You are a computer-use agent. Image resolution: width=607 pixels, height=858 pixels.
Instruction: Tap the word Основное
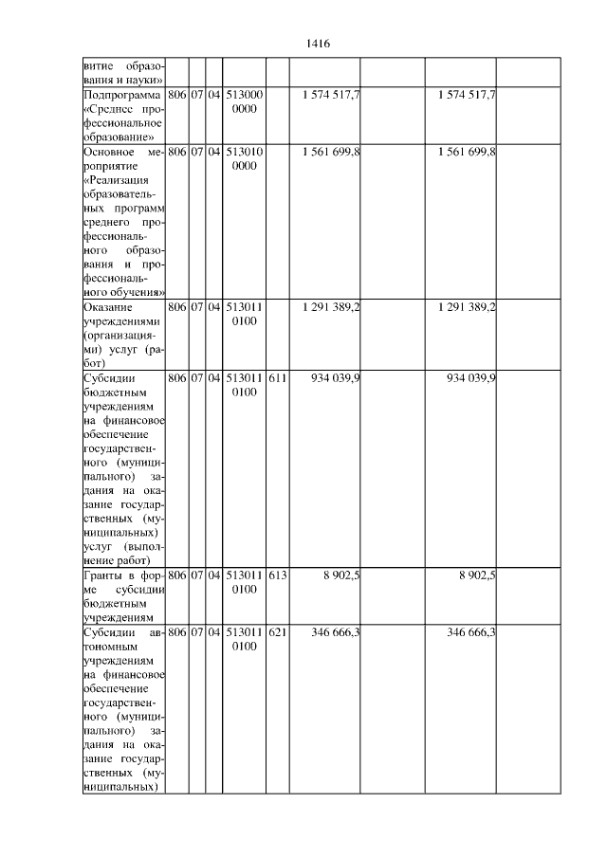coord(107,151)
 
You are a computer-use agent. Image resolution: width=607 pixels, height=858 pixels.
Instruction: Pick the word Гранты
coord(104,575)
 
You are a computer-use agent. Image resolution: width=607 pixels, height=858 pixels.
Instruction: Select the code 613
coord(277,575)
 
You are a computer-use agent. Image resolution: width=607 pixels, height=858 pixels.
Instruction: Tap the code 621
coord(277,631)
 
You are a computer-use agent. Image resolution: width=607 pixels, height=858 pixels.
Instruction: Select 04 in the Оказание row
coord(214,307)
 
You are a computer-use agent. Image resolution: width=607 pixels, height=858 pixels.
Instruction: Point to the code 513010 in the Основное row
coord(245,151)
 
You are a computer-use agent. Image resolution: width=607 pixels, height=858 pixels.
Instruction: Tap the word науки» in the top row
coord(147,81)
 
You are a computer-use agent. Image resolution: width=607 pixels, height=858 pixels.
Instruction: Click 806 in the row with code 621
coord(176,631)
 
